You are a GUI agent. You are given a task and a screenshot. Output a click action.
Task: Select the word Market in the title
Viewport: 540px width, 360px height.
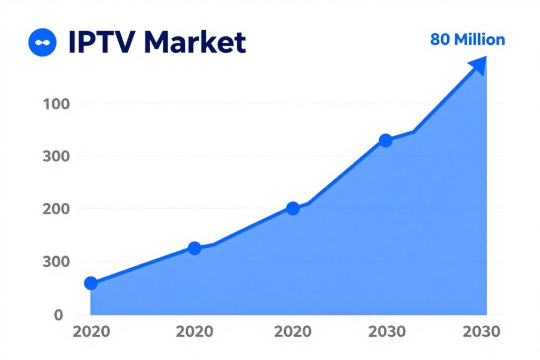200,43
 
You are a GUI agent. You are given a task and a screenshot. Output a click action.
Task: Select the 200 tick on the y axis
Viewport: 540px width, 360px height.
55,209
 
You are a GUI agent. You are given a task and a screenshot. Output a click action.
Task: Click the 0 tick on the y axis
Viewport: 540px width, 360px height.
59,315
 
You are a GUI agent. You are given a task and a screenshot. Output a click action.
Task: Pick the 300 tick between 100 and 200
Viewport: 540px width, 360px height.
55,156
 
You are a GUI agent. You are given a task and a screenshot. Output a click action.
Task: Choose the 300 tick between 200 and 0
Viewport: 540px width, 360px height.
55,261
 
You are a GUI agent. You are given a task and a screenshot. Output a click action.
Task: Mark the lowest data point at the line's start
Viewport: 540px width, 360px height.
91,284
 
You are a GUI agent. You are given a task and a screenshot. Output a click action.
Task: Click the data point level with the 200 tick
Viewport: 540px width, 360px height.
293,208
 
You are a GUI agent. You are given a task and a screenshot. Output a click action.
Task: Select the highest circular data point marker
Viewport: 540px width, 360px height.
385,141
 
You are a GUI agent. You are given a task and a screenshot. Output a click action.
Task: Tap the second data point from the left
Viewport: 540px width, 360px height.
194,248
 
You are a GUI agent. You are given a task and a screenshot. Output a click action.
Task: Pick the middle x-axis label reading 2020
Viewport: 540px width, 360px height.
293,332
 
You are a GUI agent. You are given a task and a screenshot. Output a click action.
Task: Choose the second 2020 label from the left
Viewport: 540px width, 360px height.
195,332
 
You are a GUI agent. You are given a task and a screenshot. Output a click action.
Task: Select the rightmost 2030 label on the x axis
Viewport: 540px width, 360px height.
480,332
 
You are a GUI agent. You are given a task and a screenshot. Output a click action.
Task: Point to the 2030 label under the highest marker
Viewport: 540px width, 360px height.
387,332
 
